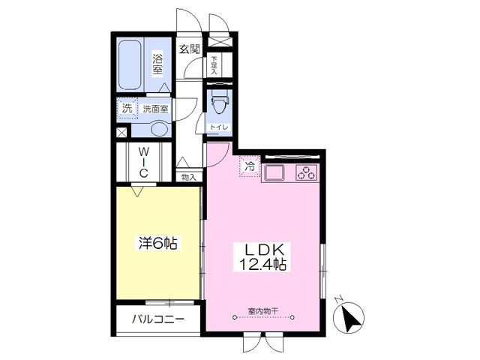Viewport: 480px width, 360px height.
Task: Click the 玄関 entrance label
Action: coord(190,49)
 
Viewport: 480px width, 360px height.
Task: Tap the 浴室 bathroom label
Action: coord(157,64)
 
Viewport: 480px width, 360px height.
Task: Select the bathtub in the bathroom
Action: coord(130,64)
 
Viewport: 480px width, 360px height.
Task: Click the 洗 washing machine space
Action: coord(127,108)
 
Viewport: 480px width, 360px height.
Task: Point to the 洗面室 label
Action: coord(155,109)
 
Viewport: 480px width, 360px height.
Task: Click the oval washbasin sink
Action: coord(160,130)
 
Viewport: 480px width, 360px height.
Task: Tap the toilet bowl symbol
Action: coord(219,103)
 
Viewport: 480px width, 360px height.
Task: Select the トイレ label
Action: coord(218,127)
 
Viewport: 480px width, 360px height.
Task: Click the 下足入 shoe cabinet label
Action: coord(214,65)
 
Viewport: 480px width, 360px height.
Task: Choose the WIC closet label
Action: coord(143,162)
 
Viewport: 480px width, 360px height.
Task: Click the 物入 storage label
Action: coord(188,177)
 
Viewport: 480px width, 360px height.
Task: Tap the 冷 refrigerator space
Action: coord(250,166)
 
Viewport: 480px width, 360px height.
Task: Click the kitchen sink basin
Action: coord(274,173)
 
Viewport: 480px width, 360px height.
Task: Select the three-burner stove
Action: coord(307,172)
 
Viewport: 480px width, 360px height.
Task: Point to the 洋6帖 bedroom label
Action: coord(158,243)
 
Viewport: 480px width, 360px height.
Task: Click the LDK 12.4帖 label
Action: coord(262,257)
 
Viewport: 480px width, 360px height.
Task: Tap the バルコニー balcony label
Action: coord(158,319)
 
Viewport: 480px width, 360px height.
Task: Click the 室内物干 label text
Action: coord(263,311)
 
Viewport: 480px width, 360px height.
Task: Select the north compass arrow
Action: coord(352,317)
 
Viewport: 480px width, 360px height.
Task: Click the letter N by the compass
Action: coord(338,298)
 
